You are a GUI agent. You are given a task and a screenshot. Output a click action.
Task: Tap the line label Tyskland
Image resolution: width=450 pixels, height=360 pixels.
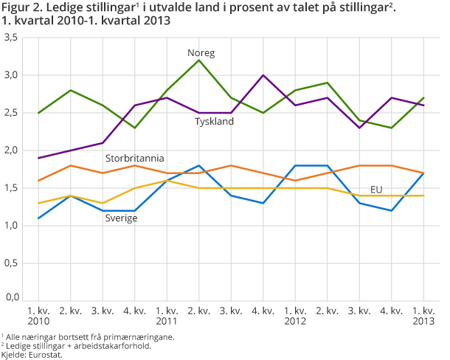(214, 121)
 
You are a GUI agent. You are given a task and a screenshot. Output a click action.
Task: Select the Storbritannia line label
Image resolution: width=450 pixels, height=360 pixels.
(134, 158)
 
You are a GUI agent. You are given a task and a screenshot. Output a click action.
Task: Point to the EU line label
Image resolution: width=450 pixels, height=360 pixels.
(376, 190)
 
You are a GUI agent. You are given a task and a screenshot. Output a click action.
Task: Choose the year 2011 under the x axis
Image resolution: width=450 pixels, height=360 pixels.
(166, 322)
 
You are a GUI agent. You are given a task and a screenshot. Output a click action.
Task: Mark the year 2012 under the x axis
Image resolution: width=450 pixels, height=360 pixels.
(294, 322)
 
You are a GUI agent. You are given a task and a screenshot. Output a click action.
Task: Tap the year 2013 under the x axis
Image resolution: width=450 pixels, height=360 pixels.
(423, 322)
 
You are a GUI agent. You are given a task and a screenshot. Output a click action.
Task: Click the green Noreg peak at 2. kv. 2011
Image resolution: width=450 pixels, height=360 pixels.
(199, 60)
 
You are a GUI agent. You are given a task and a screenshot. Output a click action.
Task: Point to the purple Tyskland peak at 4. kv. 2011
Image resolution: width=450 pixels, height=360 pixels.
(263, 75)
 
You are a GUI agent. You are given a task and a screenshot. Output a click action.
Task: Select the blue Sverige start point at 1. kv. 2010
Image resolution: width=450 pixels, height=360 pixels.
(38, 218)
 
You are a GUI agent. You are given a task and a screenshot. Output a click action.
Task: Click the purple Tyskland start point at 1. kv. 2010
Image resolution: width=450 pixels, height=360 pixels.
(38, 158)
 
